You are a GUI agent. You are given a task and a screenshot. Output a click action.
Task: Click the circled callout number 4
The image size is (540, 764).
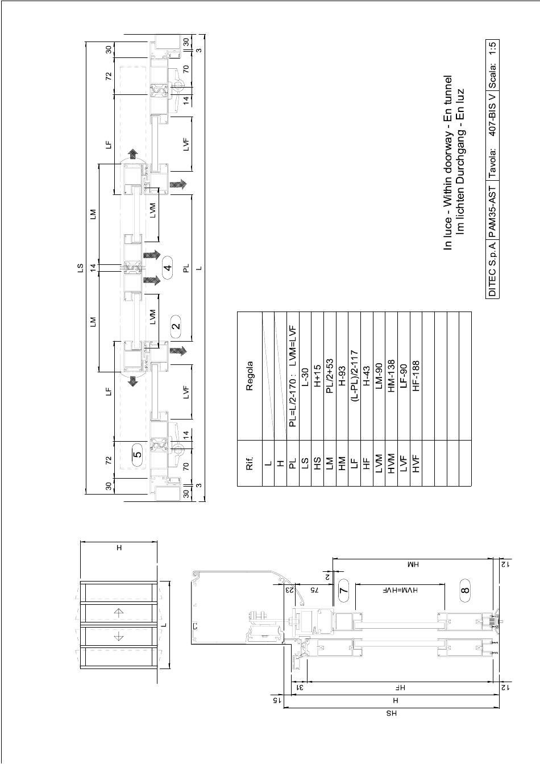(168, 267)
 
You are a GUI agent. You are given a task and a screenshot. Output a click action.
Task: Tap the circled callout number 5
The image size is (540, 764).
(137, 454)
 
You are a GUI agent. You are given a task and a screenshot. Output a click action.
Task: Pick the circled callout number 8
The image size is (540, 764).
(465, 590)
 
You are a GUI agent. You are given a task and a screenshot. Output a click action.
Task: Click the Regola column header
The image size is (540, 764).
(250, 376)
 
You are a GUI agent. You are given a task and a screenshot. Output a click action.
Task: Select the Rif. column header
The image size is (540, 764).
(250, 463)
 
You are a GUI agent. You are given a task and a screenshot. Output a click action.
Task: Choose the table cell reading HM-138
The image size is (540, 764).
(391, 376)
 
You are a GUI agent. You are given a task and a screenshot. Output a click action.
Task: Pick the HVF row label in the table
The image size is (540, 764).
(416, 463)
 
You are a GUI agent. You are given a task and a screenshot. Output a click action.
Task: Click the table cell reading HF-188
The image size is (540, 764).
(416, 376)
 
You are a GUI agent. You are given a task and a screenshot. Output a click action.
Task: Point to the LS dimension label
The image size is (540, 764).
(80, 268)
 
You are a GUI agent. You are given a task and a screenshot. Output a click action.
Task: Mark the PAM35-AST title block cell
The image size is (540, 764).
(493, 210)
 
